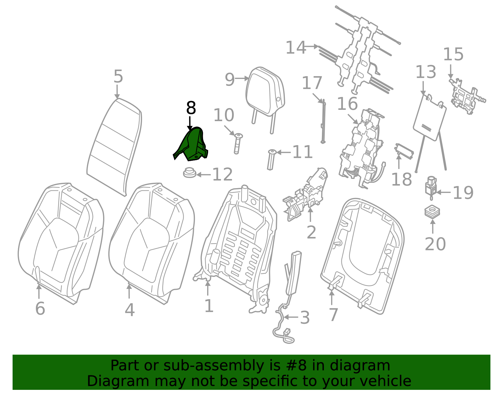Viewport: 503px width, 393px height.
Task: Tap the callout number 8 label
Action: coord(191,108)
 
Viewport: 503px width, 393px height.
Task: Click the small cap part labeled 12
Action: coord(190,172)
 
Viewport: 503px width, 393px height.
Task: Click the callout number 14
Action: coord(296,48)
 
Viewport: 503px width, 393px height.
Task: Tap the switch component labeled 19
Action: coord(431,188)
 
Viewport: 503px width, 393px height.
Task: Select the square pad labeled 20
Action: coord(432,211)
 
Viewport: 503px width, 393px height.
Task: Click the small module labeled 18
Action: coord(404,151)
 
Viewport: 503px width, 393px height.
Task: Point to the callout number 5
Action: coord(118,76)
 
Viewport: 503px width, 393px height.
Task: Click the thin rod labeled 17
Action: coord(323,121)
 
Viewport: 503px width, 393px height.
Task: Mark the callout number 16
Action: coord(347,104)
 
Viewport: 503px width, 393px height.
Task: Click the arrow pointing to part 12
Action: coord(203,174)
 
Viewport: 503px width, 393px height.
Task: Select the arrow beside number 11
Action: coord(284,152)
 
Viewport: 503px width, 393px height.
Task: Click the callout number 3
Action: coord(305,318)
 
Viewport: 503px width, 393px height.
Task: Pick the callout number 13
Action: coord(426,72)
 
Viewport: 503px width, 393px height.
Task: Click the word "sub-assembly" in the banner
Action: coord(214,365)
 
